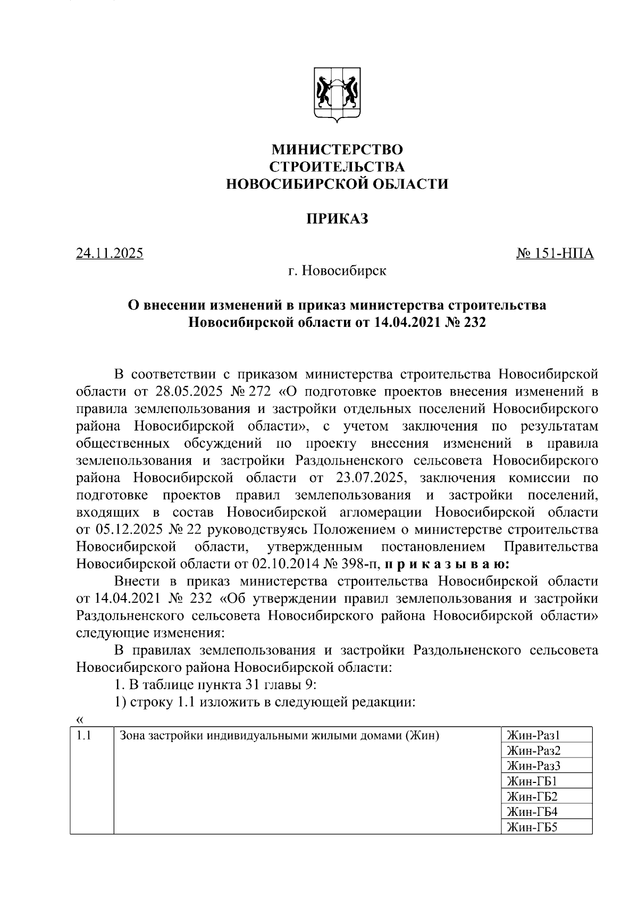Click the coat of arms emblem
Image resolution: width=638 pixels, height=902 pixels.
[x=337, y=94]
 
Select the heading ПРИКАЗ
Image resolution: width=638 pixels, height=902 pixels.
[x=337, y=219]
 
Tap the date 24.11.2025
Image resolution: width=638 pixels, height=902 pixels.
[x=110, y=254]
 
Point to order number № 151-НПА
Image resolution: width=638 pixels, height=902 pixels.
[x=555, y=254]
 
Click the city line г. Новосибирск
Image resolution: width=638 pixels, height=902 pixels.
[x=337, y=271]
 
